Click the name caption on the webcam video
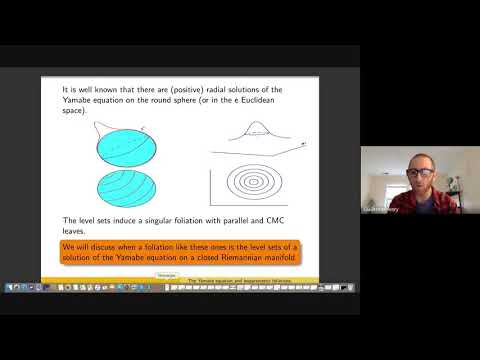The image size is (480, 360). click(381, 210)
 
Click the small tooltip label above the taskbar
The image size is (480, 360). click(167, 274)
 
